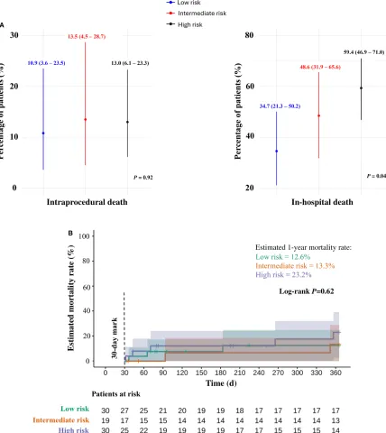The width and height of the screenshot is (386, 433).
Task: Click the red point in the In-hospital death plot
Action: (318, 115)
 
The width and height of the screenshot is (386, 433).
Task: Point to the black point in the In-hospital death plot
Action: (361, 88)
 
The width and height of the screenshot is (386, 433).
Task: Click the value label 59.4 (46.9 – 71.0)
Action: (359, 53)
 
